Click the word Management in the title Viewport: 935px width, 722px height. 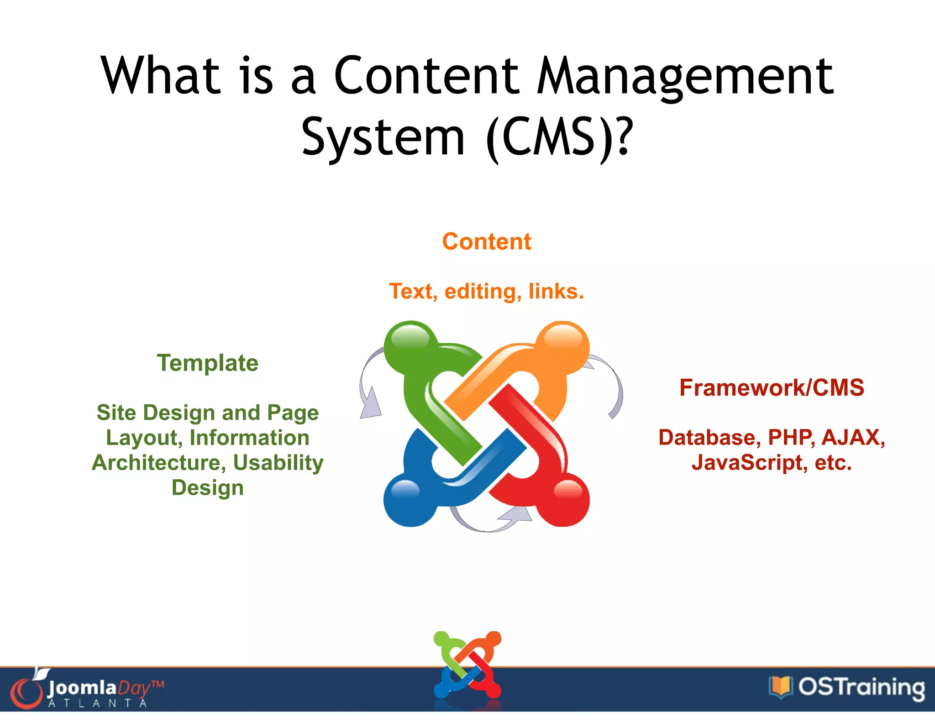point(685,77)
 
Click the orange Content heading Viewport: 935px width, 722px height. point(486,241)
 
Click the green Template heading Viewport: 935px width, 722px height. point(208,363)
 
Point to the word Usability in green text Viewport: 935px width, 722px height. point(278,463)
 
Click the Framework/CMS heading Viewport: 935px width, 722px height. point(772,387)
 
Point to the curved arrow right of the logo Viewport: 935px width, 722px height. point(612,383)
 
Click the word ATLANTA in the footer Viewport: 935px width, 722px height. point(97,703)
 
